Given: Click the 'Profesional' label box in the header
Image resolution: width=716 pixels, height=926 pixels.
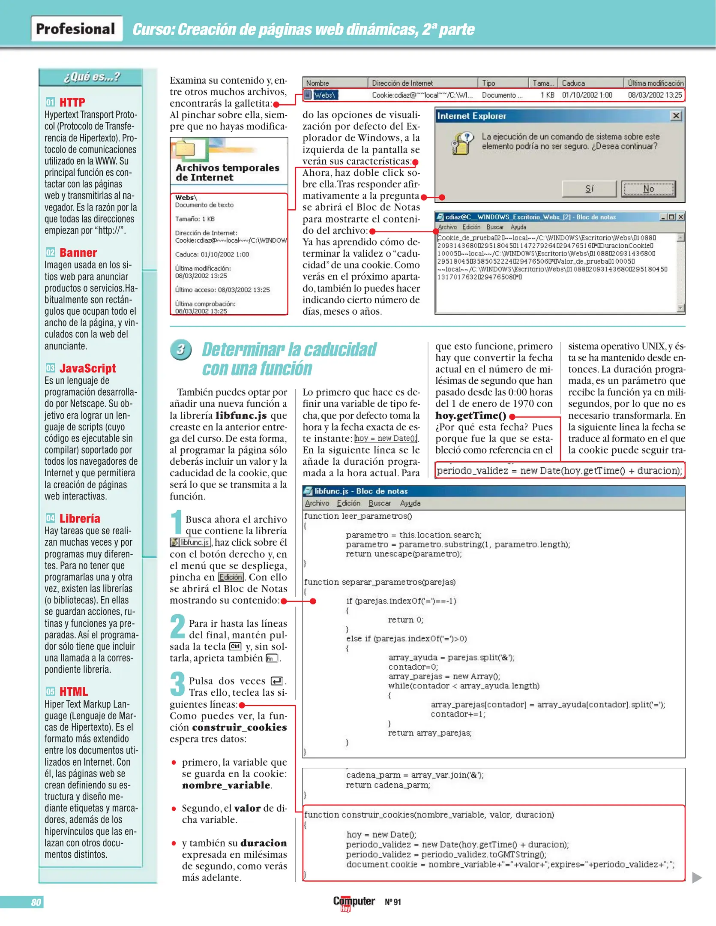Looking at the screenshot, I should pyautogui.click(x=76, y=29).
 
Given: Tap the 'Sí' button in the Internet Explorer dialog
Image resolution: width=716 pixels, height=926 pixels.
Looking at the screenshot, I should pyautogui.click(x=589, y=189).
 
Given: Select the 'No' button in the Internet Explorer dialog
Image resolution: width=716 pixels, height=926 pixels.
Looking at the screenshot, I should pyautogui.click(x=648, y=189).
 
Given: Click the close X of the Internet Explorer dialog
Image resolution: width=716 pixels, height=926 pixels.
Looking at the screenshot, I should pyautogui.click(x=676, y=116).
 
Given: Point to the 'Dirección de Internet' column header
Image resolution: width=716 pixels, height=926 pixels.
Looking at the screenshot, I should pyautogui.click(x=402, y=83).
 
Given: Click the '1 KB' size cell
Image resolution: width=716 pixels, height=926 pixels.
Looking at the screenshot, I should pyautogui.click(x=547, y=95).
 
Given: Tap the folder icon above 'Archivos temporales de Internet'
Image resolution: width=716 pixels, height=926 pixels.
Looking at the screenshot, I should pyautogui.click(x=186, y=148).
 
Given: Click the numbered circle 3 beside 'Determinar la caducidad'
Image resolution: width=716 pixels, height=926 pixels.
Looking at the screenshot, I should pyautogui.click(x=180, y=349).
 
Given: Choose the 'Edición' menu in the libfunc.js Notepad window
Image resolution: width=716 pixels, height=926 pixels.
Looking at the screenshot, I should pyautogui.click(x=348, y=503).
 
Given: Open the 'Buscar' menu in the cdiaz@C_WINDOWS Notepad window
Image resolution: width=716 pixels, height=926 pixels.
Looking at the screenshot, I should pyautogui.click(x=495, y=227).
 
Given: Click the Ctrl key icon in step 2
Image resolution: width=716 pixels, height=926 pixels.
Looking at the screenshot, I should pyautogui.click(x=235, y=646).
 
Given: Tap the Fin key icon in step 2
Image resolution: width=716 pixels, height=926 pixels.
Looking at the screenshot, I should pyautogui.click(x=271, y=658).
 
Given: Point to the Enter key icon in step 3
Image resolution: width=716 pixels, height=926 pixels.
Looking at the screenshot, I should pyautogui.click(x=277, y=681).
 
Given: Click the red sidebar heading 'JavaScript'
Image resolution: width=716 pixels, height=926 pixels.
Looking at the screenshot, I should pyautogui.click(x=87, y=368).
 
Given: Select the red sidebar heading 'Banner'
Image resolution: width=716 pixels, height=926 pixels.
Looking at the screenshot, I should pyautogui.click(x=78, y=253).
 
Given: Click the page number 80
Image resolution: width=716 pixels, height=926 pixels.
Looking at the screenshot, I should pyautogui.click(x=36, y=902).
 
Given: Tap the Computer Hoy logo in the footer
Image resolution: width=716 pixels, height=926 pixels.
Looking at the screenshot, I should pyautogui.click(x=354, y=902).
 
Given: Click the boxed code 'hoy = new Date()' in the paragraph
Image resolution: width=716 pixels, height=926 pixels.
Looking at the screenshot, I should pyautogui.click(x=386, y=439).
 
